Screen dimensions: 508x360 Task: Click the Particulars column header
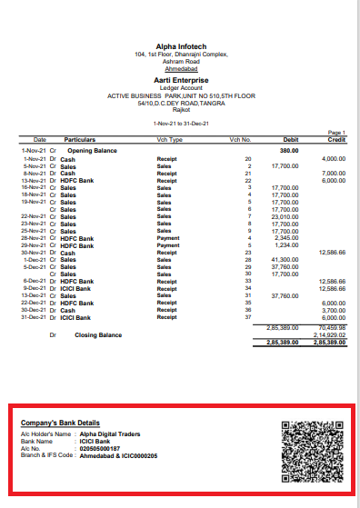tap(79, 140)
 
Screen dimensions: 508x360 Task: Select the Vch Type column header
tap(170, 140)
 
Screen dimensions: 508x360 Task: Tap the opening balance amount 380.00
tap(289, 150)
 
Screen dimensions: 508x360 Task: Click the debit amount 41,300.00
tap(286, 260)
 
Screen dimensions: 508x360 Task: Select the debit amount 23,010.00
tap(286, 216)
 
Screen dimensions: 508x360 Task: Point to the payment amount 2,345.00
tap(287, 238)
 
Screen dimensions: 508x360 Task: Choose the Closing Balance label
tap(98, 335)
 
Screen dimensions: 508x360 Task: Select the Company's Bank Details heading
tap(60, 423)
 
